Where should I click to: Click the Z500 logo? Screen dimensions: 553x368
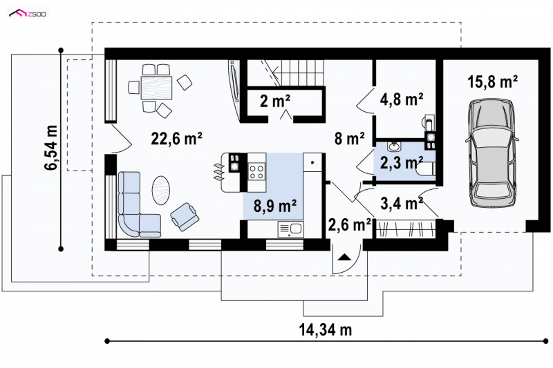tap(28, 14)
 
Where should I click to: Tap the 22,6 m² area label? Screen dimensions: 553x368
tap(176, 138)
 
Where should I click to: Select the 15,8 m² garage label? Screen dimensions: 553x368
tap(492, 81)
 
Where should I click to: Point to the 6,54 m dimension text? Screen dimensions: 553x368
tap(51, 148)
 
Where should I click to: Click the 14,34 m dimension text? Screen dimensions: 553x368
tap(325, 330)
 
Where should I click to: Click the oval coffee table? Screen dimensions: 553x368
tap(161, 190)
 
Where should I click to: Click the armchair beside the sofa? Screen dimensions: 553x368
tap(184, 216)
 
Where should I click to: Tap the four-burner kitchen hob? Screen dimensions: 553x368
tap(256, 172)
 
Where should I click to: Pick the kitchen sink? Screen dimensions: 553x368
tap(290, 229)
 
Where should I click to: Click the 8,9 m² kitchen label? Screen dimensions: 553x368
tap(275, 206)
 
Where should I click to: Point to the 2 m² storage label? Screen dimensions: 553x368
tap(275, 101)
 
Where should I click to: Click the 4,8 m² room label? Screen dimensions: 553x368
tap(402, 99)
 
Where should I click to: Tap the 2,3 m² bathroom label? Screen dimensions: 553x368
tap(402, 162)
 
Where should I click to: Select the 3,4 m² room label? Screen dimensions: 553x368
tap(402, 203)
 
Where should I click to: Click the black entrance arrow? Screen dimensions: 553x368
tap(345, 257)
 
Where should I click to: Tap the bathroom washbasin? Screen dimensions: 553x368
tap(393, 146)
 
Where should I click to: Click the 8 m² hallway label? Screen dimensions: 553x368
tap(349, 138)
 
